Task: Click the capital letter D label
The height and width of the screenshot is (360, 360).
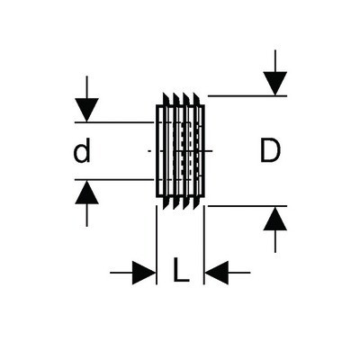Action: coord(270,150)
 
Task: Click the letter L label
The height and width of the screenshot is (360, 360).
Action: coord(181,270)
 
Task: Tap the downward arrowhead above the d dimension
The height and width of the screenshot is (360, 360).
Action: coord(86,110)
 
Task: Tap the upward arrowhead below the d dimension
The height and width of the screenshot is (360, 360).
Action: coord(86,193)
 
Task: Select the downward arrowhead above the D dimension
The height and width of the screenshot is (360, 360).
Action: coord(275,84)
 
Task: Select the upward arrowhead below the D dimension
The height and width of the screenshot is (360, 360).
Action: coord(275,219)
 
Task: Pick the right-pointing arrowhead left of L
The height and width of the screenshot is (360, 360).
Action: coord(144,273)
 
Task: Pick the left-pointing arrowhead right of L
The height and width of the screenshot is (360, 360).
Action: coord(217,273)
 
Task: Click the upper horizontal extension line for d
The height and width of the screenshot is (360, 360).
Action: coord(114,122)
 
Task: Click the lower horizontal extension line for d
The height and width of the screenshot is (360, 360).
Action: coord(114,180)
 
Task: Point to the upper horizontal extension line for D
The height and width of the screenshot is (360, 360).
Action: coord(247,96)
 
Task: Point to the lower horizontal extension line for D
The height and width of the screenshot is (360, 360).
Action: coord(247,206)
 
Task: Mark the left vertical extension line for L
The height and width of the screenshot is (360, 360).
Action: coord(157,245)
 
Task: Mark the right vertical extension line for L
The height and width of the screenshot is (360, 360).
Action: coord(204,245)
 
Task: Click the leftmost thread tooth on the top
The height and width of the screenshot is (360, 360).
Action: coord(166,99)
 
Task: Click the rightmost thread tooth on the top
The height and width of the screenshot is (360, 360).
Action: coord(197,99)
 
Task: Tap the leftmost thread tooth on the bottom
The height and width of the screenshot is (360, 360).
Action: coord(166,202)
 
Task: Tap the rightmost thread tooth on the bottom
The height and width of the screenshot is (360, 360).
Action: coord(197,202)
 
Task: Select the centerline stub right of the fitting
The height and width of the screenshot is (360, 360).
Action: coord(209,151)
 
